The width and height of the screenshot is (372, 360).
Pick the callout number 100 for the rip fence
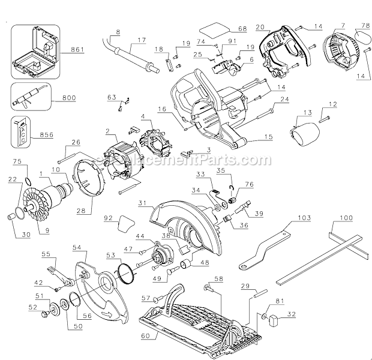point(346,220)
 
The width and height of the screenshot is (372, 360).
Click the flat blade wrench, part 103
point(271,245)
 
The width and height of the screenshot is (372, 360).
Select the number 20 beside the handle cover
point(260,26)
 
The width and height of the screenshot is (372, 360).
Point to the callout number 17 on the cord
point(142,40)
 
